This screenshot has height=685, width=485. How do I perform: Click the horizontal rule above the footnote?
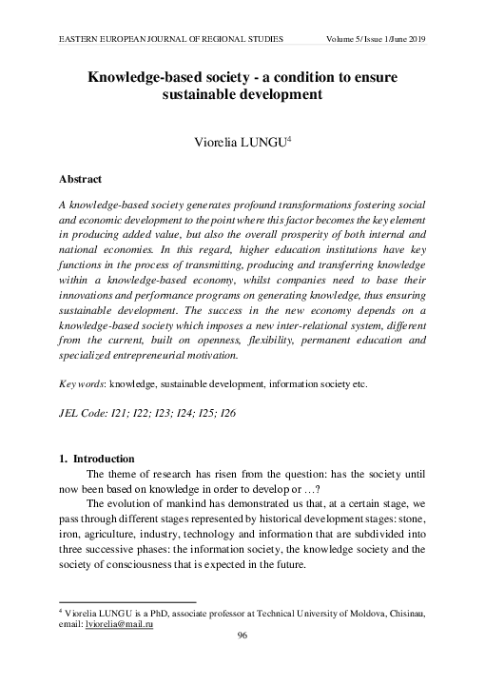127,601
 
